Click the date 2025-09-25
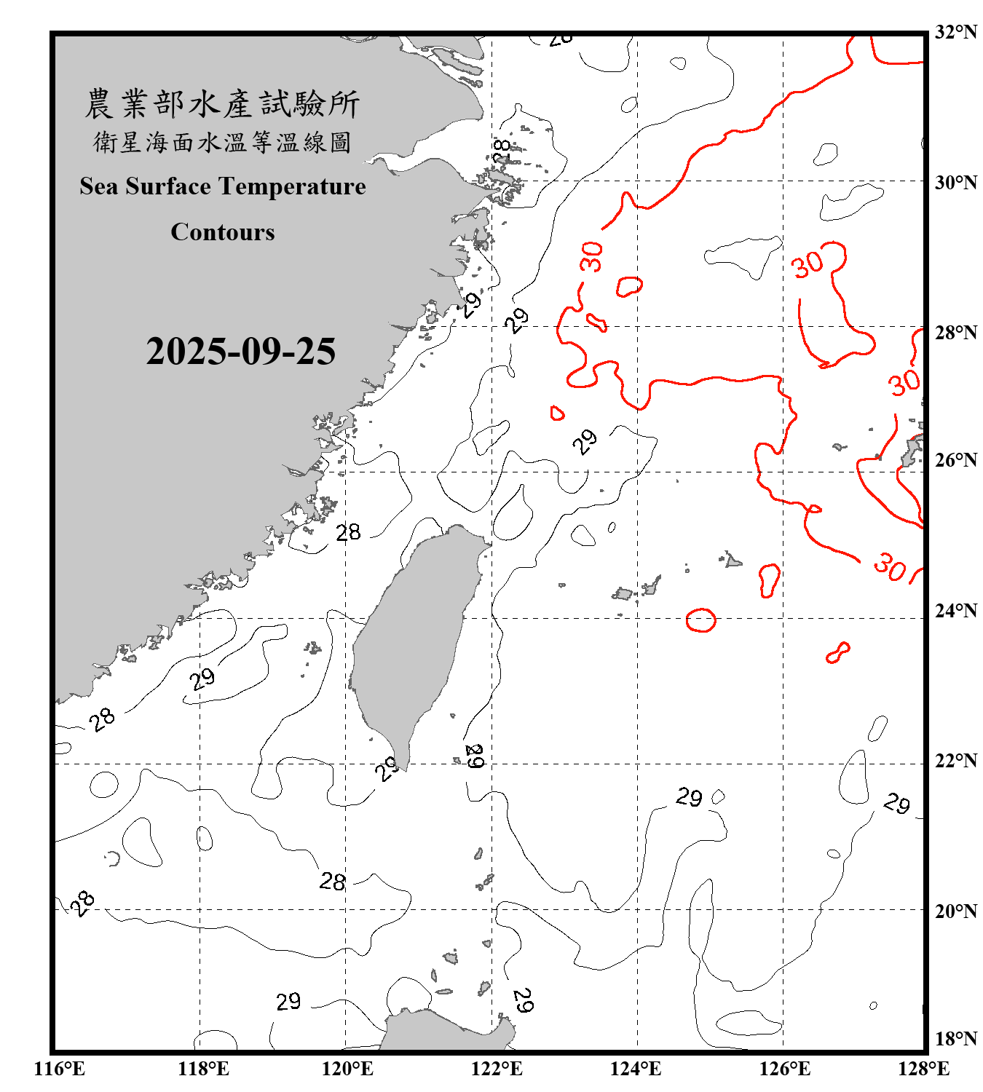point(240,352)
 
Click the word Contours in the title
point(223,232)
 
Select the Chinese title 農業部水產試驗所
point(222,104)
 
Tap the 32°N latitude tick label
point(955,32)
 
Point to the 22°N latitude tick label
point(955,761)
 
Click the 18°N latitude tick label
point(955,1039)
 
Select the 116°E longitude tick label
point(59,1069)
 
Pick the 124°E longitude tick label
point(636,1069)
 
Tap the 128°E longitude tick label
point(923,1069)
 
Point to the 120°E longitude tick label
point(347,1069)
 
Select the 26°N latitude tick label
point(955,460)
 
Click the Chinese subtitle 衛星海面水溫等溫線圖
point(222,143)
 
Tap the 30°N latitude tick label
point(955,183)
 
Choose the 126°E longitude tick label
point(784,1069)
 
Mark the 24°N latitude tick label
point(955,611)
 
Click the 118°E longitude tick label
point(203,1069)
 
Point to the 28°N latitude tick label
point(955,333)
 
